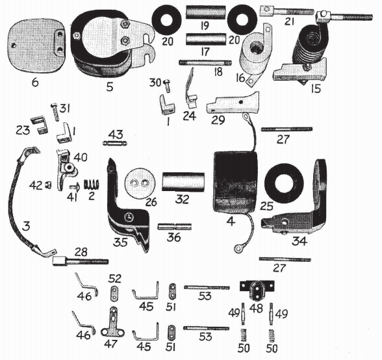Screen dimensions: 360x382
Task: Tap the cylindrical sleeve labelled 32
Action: coord(183,181)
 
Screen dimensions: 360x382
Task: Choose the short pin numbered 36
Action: coord(173,226)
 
